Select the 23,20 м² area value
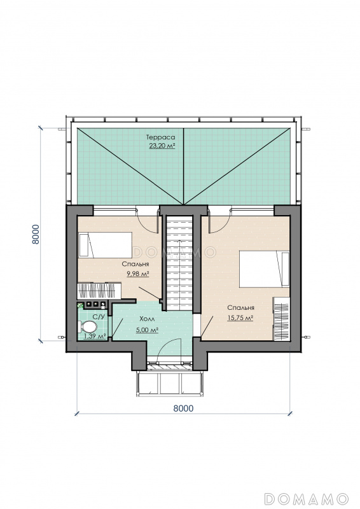coord(162,146)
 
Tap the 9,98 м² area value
coord(138,274)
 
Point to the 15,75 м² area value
coord(240,317)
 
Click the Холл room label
coord(146,319)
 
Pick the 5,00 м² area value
coord(147,330)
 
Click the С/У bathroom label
coord(99,316)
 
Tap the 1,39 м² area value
coord(95,336)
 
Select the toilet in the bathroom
coord(87,327)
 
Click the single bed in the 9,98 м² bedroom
coord(105,245)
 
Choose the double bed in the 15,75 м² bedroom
coord(264,268)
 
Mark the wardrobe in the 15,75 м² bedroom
coord(281,319)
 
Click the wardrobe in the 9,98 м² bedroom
coord(99,291)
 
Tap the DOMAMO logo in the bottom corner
coord(307,499)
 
